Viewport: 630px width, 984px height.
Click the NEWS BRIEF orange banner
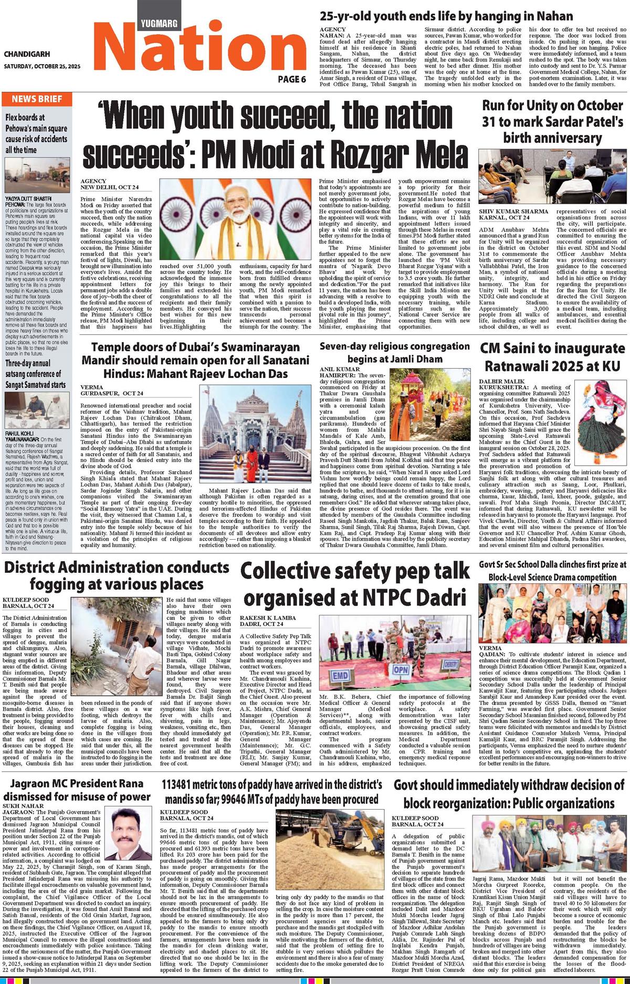click(x=37, y=99)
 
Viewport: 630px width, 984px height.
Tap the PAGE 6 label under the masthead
click(x=292, y=79)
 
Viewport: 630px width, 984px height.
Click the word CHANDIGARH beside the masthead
click(x=27, y=54)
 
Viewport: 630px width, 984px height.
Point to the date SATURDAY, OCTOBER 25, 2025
click(x=42, y=67)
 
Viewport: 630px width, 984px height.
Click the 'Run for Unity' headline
click(x=552, y=122)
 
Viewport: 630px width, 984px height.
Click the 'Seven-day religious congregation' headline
click(x=395, y=352)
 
